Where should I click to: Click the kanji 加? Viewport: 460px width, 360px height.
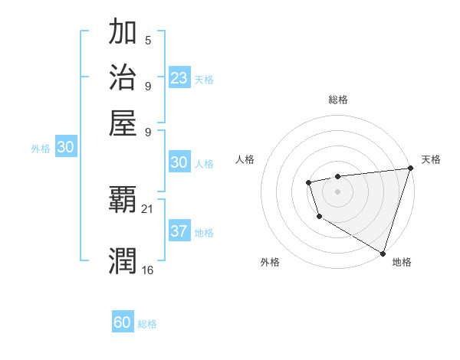(123, 34)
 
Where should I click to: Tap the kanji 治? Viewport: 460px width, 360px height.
(123, 78)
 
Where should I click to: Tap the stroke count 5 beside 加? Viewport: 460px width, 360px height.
(148, 41)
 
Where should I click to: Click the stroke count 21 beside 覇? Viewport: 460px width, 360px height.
(148, 208)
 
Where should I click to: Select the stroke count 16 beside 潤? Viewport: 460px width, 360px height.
(148, 270)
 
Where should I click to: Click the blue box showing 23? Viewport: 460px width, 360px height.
(179, 78)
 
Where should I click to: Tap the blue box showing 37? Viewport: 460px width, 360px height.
(179, 232)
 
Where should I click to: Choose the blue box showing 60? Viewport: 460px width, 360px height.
(123, 322)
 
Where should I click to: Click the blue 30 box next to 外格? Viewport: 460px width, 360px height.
(65, 149)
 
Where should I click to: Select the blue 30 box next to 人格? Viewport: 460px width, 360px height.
(179, 162)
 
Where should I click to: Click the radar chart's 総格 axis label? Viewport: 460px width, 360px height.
(338, 100)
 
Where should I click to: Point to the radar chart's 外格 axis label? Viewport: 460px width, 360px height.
(270, 263)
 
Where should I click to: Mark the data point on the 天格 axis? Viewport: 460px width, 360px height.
(410, 169)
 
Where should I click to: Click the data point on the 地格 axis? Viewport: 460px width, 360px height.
(383, 253)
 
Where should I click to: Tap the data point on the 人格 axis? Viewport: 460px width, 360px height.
(308, 182)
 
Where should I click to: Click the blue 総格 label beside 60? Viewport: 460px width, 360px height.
(147, 324)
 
